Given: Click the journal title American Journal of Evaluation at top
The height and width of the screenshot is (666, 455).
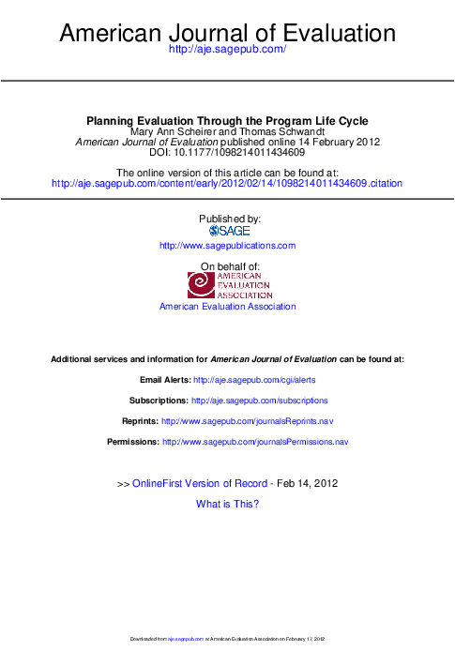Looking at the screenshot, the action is point(227,35).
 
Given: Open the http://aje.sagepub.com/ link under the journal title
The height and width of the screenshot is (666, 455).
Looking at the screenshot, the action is point(227,58).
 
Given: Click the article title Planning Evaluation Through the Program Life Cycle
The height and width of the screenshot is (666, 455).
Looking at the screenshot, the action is point(227,121).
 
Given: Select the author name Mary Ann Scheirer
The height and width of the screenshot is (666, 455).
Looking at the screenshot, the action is point(176,131).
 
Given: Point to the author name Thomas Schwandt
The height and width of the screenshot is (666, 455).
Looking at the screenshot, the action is point(284,131).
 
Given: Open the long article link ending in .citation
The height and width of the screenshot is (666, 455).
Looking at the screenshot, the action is point(227,184).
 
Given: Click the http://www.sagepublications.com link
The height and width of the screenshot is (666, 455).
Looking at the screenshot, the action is point(227,245).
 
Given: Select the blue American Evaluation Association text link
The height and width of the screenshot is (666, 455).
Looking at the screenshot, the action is point(227,307).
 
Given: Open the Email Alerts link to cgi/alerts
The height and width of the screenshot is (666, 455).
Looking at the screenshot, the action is point(252,382).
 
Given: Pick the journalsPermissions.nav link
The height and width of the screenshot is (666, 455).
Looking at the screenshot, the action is point(255,441).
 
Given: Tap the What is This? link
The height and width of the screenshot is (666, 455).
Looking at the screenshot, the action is point(227,504).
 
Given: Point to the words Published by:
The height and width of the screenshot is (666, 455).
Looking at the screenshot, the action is point(227,218).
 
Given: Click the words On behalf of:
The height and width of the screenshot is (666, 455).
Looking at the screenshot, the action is point(227,267).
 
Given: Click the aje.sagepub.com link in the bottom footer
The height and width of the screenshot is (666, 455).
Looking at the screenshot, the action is point(185,639).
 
